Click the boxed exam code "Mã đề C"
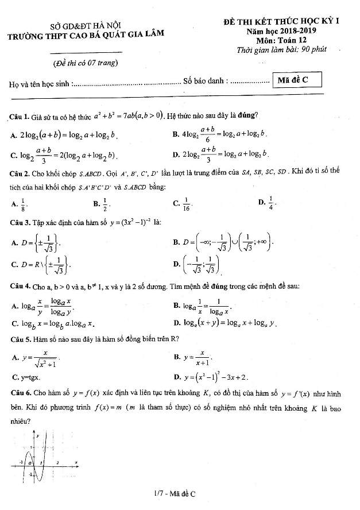297,80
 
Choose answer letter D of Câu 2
261,203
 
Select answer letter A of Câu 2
13,203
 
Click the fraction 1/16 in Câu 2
186,203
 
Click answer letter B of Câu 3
176,242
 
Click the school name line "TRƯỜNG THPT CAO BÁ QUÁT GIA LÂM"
86,34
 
